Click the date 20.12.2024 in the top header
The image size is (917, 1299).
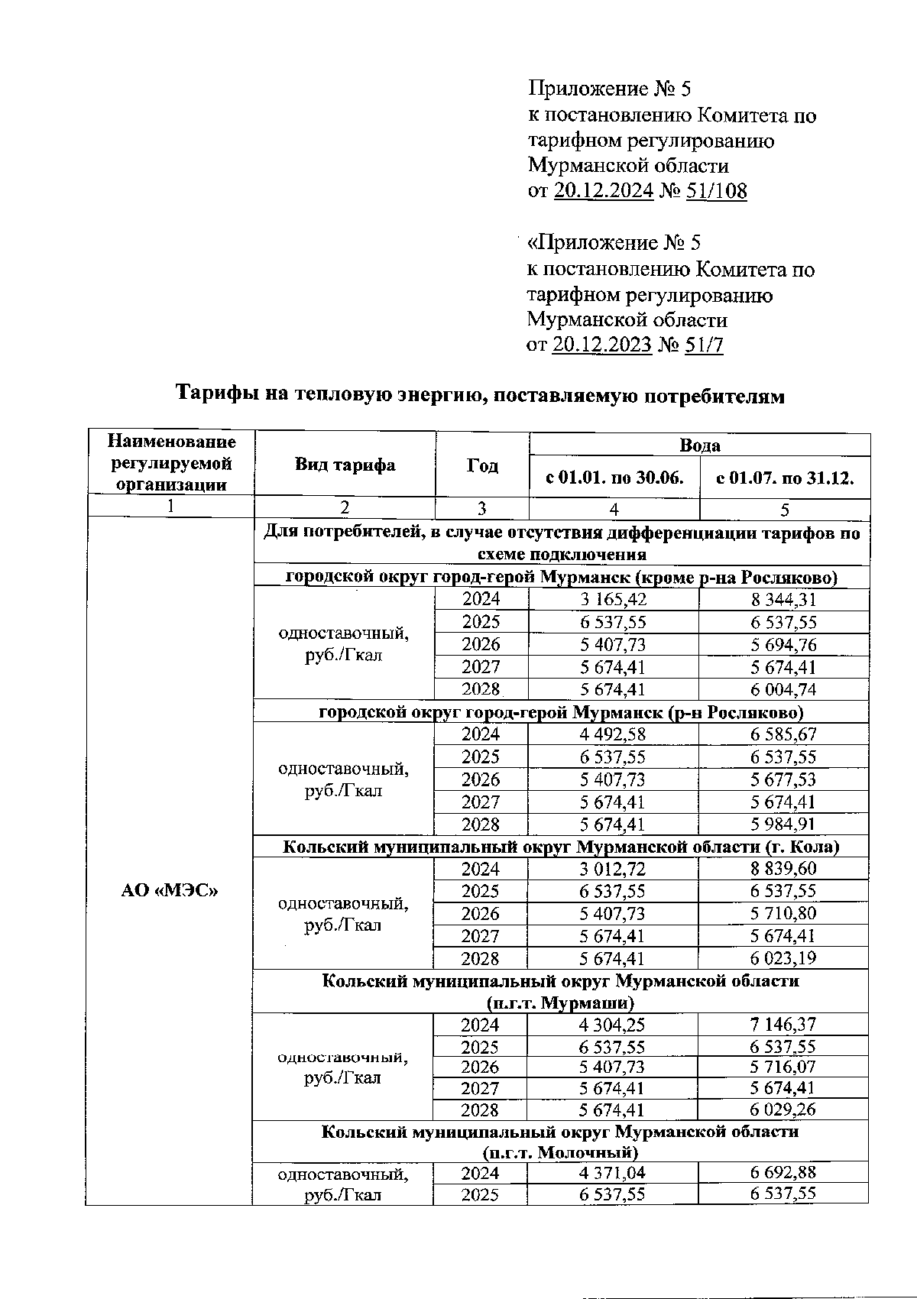603,191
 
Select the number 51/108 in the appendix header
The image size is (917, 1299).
716,191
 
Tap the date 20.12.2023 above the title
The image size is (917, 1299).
601,345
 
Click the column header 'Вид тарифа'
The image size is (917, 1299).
345,465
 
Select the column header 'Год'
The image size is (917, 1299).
482,465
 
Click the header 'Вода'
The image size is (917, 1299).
699,445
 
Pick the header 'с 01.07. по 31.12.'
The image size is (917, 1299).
784,478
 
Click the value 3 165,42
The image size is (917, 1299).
613,600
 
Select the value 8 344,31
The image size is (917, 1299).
783,600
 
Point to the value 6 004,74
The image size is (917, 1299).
783,689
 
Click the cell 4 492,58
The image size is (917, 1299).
613,734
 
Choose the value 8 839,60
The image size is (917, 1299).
783,869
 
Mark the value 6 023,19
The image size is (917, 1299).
783,958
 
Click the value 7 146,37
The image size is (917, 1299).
783,1025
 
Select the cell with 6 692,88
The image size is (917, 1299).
783,1173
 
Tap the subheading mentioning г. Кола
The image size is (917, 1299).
561,847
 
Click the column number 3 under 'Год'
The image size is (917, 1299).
481,508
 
